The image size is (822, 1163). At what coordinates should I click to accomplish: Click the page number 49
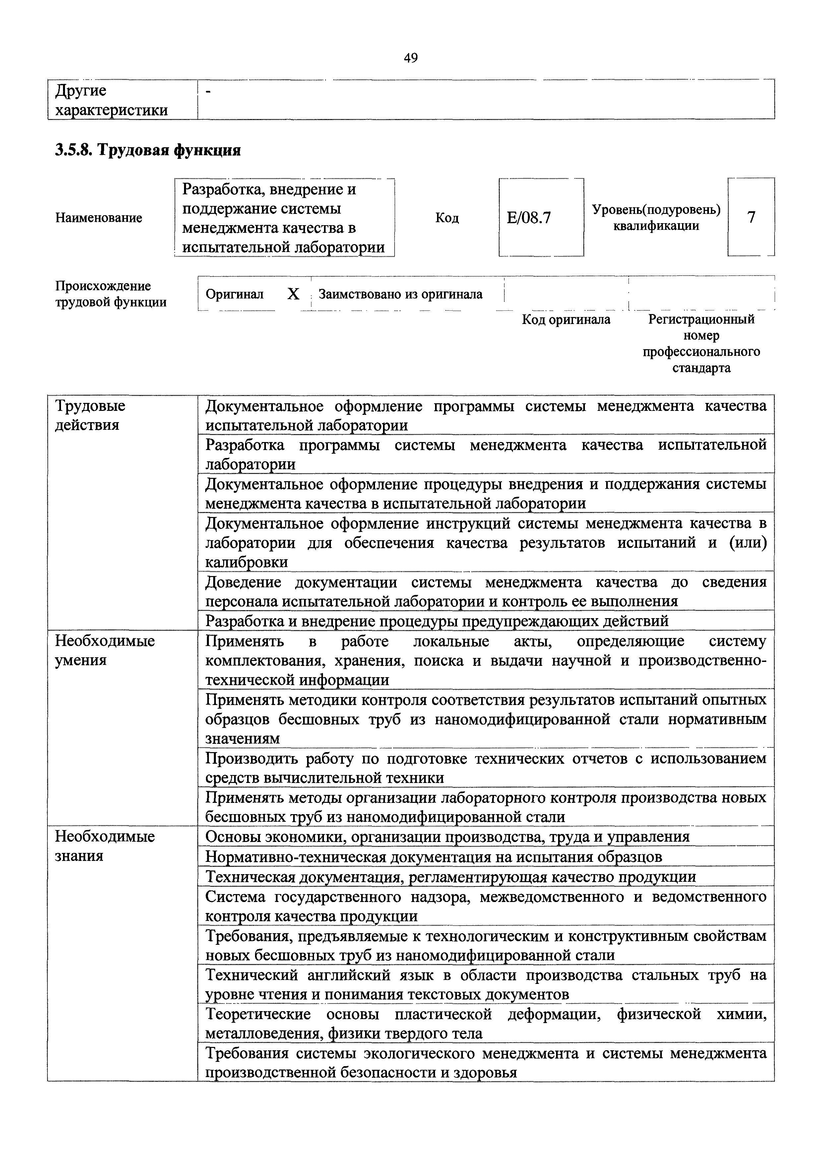coord(411,58)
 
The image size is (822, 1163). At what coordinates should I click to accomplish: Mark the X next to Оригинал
coord(293,294)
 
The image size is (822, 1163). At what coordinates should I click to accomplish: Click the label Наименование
coord(99,218)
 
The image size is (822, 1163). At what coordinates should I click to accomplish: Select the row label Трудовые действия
coord(90,415)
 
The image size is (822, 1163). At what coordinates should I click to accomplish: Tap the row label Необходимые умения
coord(105,650)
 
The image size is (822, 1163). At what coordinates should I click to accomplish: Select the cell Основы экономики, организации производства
coord(447,836)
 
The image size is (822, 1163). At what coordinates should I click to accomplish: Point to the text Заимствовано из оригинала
coord(400,294)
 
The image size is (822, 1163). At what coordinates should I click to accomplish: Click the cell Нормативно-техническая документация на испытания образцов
coord(433,857)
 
